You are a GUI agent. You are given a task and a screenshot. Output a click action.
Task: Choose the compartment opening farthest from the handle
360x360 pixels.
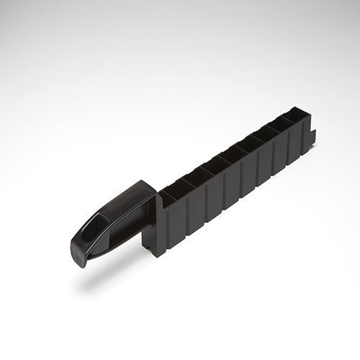point(302,114)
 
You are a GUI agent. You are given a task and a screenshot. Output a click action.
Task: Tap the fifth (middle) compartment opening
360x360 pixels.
point(246,148)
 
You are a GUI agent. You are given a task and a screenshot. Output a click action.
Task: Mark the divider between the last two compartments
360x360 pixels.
point(294,120)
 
